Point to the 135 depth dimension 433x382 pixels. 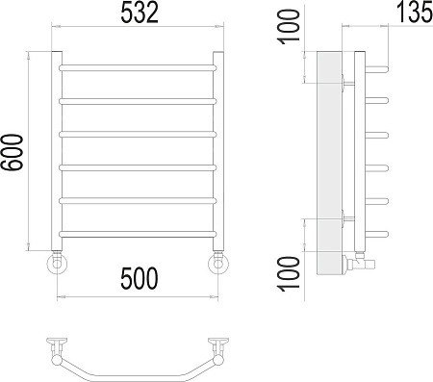(x=406, y=16)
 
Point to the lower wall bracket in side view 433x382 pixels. (x=346, y=219)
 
